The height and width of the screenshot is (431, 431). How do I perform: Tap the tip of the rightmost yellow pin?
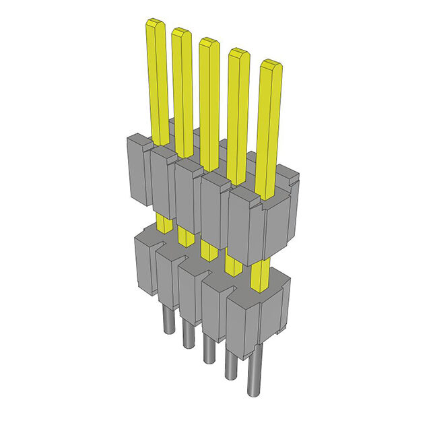pos(271,65)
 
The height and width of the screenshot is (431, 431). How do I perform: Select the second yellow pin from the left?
pos(182,88)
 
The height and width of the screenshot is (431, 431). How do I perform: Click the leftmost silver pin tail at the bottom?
pos(166,323)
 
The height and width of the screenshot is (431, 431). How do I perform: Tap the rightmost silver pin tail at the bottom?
pos(255,377)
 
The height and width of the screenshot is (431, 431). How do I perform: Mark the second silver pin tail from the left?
pos(187,337)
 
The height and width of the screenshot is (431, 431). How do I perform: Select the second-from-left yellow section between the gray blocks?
pos(184,235)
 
